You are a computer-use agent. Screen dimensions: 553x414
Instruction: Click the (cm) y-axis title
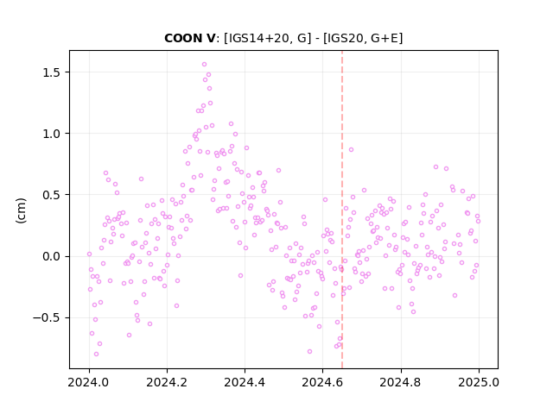[x=21, y=210]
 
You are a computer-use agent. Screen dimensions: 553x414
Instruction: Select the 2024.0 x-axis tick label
[x=89, y=382]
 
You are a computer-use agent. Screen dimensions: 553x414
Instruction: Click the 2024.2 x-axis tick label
[x=167, y=382]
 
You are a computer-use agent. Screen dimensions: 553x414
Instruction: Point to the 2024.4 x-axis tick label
[x=245, y=382]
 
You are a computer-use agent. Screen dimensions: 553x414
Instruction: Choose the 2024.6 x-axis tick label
[x=322, y=382]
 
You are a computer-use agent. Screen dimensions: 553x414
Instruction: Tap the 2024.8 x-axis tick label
[x=400, y=382]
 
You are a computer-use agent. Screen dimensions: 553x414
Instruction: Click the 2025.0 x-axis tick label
[x=479, y=382]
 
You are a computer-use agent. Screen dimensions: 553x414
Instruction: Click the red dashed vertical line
[x=342, y=210]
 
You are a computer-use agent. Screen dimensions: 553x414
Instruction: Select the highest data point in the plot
[x=204, y=65]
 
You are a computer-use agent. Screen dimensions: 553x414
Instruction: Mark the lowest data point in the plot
[x=96, y=354]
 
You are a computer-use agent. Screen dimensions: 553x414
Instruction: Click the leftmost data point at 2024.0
[x=89, y=254]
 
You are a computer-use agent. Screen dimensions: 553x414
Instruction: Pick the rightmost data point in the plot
[x=478, y=222]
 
